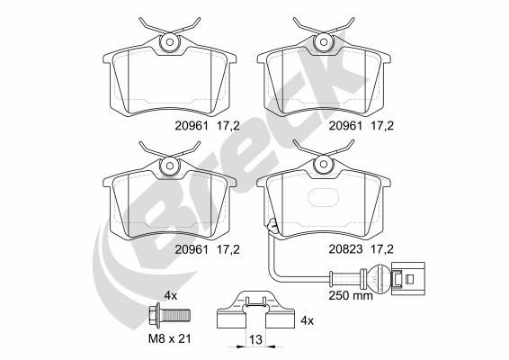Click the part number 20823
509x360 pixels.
345,249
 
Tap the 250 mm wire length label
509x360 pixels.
351,295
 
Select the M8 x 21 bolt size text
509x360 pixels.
169,339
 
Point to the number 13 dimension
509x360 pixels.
255,340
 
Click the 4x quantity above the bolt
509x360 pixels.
171,296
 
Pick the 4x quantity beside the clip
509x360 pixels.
307,321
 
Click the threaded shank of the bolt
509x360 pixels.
175,315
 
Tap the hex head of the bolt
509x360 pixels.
154,315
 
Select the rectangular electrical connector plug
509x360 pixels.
407,278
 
